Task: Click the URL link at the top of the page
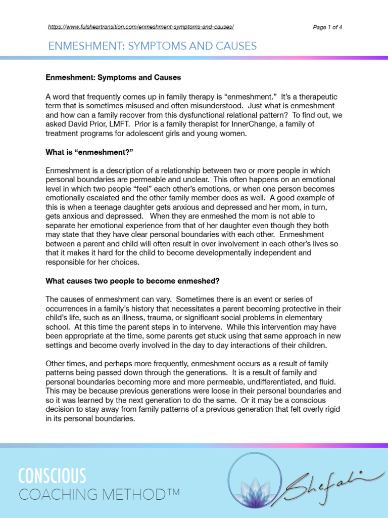[x=141, y=27]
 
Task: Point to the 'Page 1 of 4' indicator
[x=328, y=27]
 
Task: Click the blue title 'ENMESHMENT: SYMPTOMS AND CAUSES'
[x=152, y=47]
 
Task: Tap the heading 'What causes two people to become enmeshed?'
[x=133, y=281]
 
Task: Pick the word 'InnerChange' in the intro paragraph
[x=230, y=124]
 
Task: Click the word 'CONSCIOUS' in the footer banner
[x=52, y=476]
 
